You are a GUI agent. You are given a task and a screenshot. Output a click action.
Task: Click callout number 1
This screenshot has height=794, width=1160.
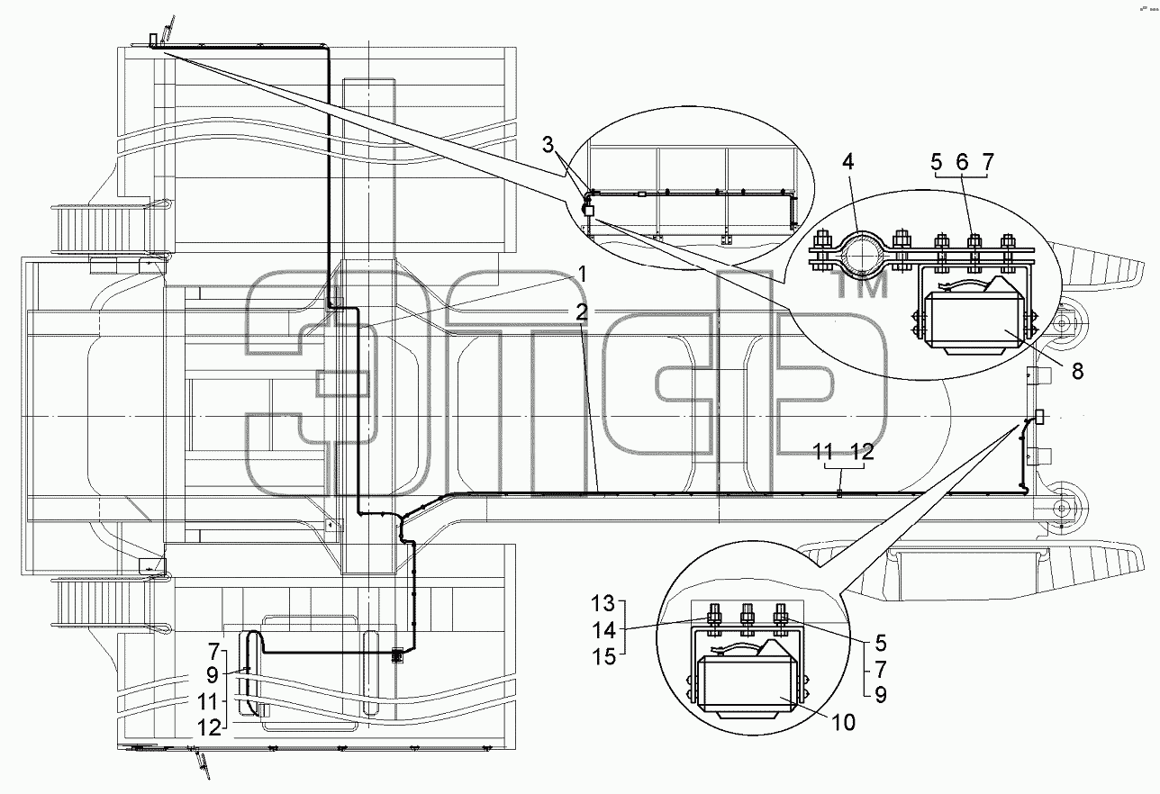point(583,274)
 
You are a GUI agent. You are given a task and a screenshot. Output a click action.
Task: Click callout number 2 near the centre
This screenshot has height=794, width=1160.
point(582,312)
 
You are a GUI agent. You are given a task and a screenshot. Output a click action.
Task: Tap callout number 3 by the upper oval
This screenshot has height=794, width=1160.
point(548,145)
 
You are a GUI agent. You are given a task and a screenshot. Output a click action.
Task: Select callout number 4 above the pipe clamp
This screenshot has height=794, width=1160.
point(847,162)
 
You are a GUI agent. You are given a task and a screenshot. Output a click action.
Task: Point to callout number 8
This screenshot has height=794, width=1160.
point(1077,371)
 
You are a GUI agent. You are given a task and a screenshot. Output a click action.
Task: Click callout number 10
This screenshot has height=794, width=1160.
point(844,722)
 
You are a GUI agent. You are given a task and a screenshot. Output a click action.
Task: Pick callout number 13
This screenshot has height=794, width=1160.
point(603,603)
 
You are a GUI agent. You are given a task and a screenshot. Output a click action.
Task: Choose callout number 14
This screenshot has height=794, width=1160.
point(603,630)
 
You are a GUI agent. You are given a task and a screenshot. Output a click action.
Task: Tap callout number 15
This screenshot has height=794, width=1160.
point(603,657)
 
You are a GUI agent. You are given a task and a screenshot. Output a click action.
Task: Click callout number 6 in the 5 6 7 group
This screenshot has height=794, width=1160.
point(962,163)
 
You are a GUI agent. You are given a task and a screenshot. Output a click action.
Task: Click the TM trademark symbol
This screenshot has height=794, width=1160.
point(862,286)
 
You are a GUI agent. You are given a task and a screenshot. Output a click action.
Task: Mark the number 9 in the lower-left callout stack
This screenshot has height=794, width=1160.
point(213,675)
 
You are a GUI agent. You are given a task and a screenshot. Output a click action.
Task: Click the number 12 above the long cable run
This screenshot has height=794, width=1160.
point(862,451)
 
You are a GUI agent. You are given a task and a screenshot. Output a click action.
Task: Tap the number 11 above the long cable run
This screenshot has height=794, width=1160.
point(823,451)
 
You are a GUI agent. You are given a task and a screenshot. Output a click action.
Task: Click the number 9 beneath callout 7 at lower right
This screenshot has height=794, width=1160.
point(881,695)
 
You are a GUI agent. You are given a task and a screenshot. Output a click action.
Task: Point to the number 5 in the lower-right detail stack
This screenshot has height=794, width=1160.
point(880,644)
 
